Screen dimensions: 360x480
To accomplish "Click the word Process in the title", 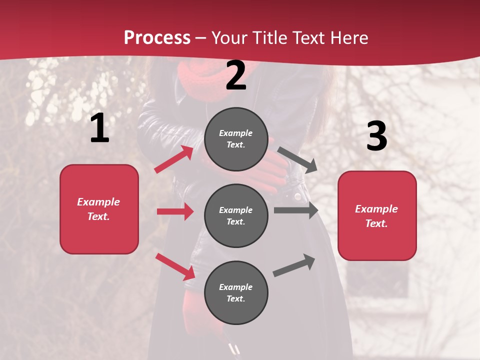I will click(157, 37).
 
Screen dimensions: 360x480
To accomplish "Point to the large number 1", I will click(99, 128).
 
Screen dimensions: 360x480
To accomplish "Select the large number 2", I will click(236, 76).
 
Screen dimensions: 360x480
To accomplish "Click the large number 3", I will click(376, 136).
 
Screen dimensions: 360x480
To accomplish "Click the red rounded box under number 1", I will click(99, 209).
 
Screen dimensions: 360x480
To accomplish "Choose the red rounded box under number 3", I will click(377, 215).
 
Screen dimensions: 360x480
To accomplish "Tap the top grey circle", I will click(236, 139).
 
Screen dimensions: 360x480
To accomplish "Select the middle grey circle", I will click(236, 215).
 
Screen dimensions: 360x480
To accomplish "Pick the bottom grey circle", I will click(236, 292).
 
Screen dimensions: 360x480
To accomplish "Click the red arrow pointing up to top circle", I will click(174, 159).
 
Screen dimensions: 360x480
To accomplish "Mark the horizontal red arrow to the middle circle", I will click(175, 211).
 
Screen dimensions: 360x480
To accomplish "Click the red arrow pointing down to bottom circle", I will click(175, 266).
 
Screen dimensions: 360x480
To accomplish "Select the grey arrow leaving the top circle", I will click(297, 159).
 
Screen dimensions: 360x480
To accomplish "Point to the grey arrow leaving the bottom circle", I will click(294, 265).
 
